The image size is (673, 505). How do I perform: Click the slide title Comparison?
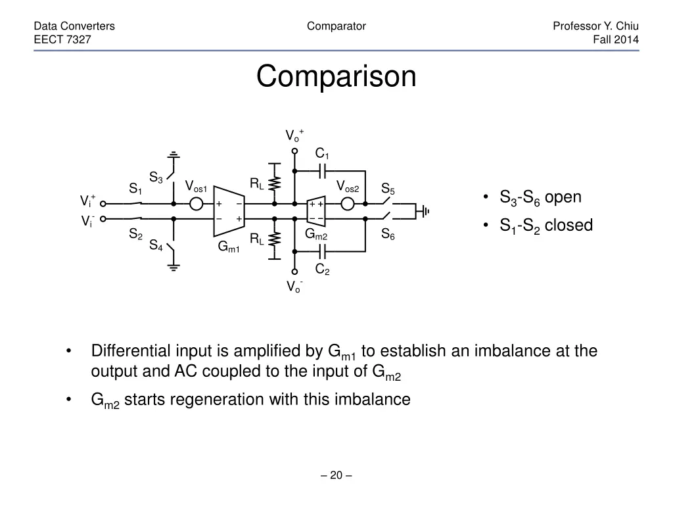[x=336, y=76]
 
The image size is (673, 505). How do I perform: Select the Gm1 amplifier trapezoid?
[x=229, y=211]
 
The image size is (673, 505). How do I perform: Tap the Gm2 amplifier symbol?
[x=317, y=211]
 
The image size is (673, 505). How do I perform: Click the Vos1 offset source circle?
[x=196, y=204]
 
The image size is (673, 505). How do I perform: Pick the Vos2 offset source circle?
[x=348, y=204]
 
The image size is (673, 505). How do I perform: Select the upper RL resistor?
[x=274, y=185]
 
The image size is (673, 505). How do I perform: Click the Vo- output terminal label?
[x=294, y=287]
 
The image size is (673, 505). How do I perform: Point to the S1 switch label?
[x=135, y=190]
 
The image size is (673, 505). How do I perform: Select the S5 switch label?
[x=388, y=190]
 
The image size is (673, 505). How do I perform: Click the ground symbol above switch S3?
[x=174, y=156]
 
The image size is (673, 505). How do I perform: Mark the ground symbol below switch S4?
[x=174, y=266]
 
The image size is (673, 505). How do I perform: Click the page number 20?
[x=336, y=475]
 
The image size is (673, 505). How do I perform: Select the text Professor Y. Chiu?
[x=595, y=26]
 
